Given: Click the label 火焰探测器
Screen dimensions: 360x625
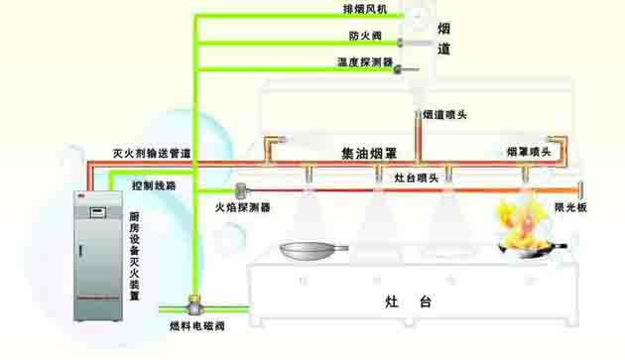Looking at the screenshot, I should click(243, 208).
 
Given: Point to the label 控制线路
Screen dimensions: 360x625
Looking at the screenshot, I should click(153, 184).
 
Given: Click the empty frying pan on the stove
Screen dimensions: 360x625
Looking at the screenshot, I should click(312, 252).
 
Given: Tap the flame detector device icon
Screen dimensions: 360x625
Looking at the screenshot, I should click(242, 189).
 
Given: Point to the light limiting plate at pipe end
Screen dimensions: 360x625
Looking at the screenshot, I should click(583, 189).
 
